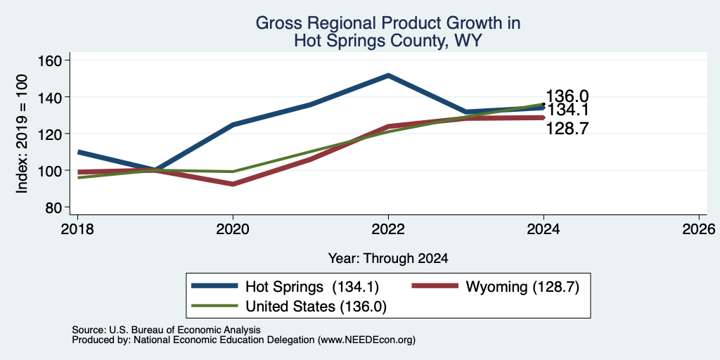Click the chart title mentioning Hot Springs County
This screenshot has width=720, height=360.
click(388, 32)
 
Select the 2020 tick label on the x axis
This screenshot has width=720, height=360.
click(233, 229)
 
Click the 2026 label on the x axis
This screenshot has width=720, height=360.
click(699, 229)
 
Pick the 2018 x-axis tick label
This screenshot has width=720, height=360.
click(77, 229)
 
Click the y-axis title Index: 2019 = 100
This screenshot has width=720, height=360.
click(22, 134)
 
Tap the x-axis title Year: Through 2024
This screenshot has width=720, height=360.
click(388, 259)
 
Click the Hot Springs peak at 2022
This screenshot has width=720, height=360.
click(388, 75)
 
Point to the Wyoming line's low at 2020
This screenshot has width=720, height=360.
click(233, 184)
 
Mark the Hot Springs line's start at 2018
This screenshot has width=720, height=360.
click(78, 152)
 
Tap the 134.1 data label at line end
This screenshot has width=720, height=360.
click(567, 110)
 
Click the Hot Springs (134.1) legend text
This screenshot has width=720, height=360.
click(312, 287)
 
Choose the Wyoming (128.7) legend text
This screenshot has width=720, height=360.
click(522, 287)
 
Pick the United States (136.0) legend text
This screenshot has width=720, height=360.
click(316, 307)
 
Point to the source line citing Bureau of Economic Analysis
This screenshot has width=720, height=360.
click(166, 330)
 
